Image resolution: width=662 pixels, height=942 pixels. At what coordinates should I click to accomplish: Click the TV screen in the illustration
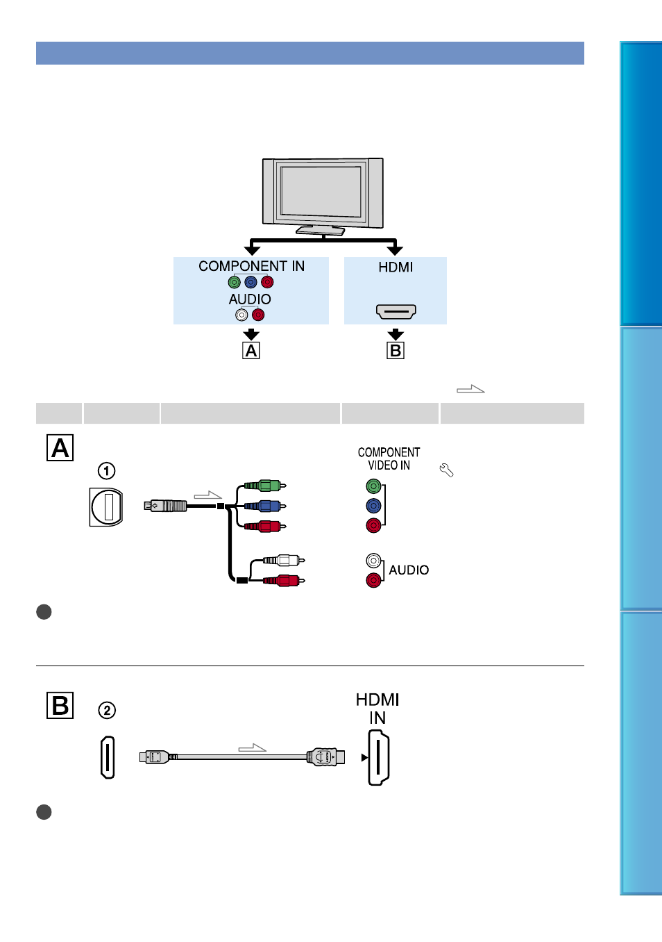point(321,191)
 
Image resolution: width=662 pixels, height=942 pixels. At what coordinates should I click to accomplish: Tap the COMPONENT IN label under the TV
point(251,266)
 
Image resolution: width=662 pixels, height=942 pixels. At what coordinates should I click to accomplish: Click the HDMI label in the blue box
point(396,267)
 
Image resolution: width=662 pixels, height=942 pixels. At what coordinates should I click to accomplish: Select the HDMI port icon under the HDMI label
point(396,312)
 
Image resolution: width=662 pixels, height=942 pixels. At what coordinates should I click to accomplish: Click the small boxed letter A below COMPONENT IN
point(251,350)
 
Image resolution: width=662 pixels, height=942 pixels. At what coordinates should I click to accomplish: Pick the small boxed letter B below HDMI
point(396,350)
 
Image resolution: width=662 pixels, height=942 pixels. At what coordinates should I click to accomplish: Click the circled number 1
point(106,470)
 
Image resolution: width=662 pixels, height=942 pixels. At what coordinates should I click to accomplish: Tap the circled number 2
point(107,710)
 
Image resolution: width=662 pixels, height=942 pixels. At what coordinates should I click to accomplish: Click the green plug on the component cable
point(265,486)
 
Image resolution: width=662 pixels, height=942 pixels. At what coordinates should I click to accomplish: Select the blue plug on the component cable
point(265,506)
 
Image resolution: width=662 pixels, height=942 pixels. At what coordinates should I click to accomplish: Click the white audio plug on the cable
point(284,560)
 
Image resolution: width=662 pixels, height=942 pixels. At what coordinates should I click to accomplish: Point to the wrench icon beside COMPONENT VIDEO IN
point(446,470)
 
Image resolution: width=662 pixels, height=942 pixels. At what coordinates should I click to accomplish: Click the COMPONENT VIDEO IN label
point(389,458)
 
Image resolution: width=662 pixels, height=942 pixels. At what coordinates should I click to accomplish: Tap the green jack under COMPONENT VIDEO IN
point(373,486)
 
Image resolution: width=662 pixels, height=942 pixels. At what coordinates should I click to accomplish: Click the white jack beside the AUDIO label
point(373,561)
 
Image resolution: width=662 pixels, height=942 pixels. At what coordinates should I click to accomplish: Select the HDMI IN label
point(377,709)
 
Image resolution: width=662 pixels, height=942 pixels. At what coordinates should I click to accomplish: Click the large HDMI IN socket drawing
point(378,757)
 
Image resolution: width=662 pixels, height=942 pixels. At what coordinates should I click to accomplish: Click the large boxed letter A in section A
point(60,448)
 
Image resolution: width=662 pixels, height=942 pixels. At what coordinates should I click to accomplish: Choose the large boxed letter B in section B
point(60,705)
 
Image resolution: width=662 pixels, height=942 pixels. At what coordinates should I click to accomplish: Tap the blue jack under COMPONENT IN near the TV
point(251,282)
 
